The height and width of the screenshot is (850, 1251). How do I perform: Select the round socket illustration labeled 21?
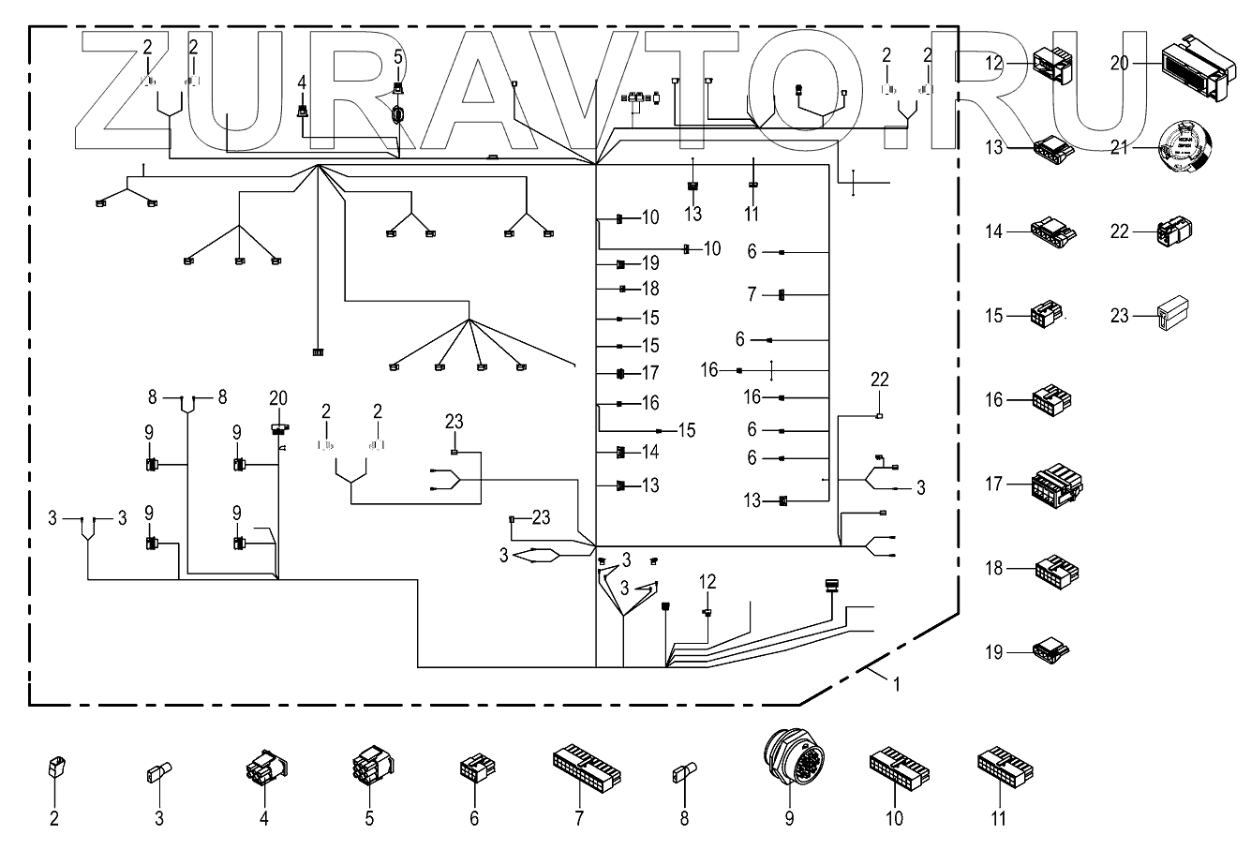coord(1185,147)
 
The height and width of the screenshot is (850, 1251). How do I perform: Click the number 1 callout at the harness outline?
coord(896,684)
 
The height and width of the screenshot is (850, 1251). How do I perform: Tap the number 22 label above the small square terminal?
coord(879,380)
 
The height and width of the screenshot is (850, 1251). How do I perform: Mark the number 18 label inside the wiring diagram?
coord(650,290)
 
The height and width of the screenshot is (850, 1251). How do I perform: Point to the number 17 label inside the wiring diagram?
coord(650,373)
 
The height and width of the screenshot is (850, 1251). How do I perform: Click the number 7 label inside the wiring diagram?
coord(752,294)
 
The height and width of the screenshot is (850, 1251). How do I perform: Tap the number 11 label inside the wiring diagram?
coord(751,215)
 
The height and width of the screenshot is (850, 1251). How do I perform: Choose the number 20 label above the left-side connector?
coord(278,397)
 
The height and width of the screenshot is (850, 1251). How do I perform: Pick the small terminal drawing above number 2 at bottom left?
coord(54,768)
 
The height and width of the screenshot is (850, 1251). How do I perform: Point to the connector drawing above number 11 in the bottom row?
coord(1004,764)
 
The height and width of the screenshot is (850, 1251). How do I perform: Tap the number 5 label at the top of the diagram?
coord(398,57)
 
